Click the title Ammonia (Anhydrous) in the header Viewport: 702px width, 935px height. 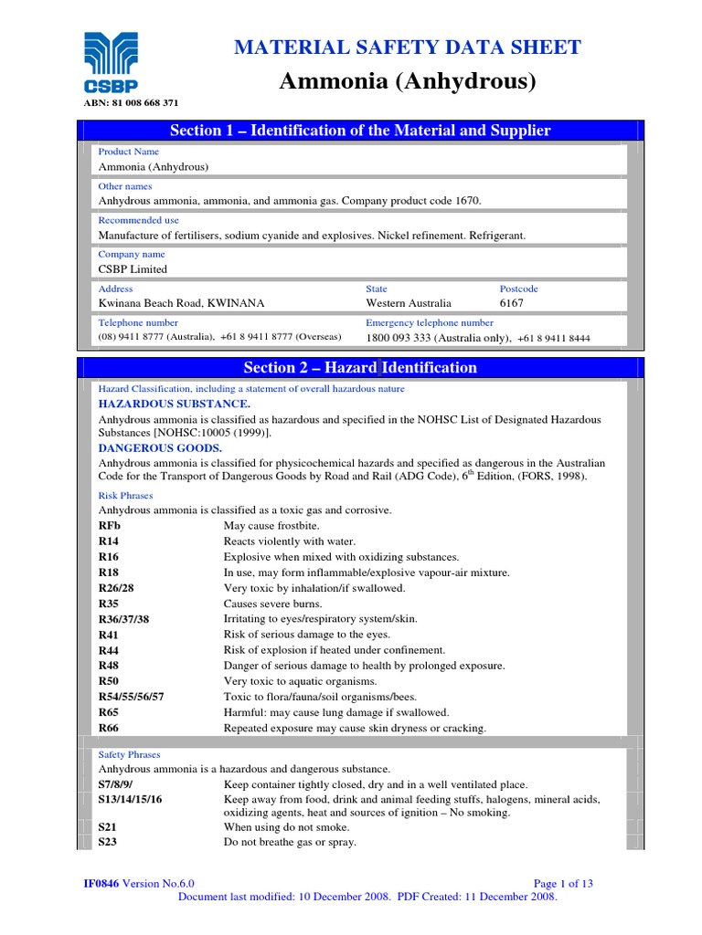pyautogui.click(x=406, y=81)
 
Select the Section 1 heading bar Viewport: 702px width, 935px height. pyautogui.click(x=360, y=131)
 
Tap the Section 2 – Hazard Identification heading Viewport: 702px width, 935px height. pyautogui.click(x=360, y=368)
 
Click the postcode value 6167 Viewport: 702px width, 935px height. pyautogui.click(x=512, y=303)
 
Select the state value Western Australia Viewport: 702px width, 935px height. pyautogui.click(x=409, y=303)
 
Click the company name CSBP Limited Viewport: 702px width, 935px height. pyautogui.click(x=133, y=269)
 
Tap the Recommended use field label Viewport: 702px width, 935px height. pyautogui.click(x=138, y=220)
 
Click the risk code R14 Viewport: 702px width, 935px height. pyautogui.click(x=110, y=541)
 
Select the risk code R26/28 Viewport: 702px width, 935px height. pyautogui.click(x=117, y=588)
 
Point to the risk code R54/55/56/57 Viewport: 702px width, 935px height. pyautogui.click(x=132, y=697)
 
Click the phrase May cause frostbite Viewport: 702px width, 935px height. pyautogui.click(x=271, y=526)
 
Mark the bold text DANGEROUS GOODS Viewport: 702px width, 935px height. pyautogui.click(x=160, y=447)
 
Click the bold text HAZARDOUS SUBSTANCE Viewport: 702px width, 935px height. pyautogui.click(x=174, y=403)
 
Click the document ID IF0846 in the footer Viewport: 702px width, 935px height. pyautogui.click(x=101, y=883)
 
